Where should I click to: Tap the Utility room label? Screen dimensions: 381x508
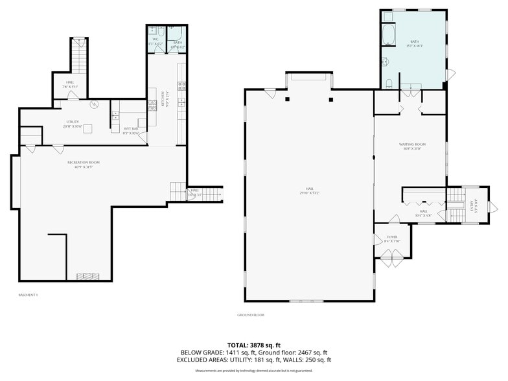(x=73, y=124)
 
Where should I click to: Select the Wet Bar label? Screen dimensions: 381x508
(x=130, y=131)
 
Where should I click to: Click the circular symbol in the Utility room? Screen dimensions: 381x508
(x=93, y=104)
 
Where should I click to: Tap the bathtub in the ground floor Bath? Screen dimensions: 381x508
(x=389, y=35)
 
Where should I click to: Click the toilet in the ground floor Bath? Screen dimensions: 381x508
(x=389, y=83)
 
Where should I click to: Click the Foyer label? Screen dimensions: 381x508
(x=391, y=240)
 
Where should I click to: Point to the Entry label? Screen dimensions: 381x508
(x=472, y=206)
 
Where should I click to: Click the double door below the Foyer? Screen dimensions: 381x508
(x=391, y=262)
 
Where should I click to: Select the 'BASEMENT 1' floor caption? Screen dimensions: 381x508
(x=29, y=295)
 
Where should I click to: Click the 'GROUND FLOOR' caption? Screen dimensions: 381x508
(x=250, y=315)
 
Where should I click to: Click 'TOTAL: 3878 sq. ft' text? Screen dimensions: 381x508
(x=253, y=344)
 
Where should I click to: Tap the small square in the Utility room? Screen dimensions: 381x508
(x=86, y=128)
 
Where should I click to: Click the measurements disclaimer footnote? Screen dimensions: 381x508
(x=253, y=371)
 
